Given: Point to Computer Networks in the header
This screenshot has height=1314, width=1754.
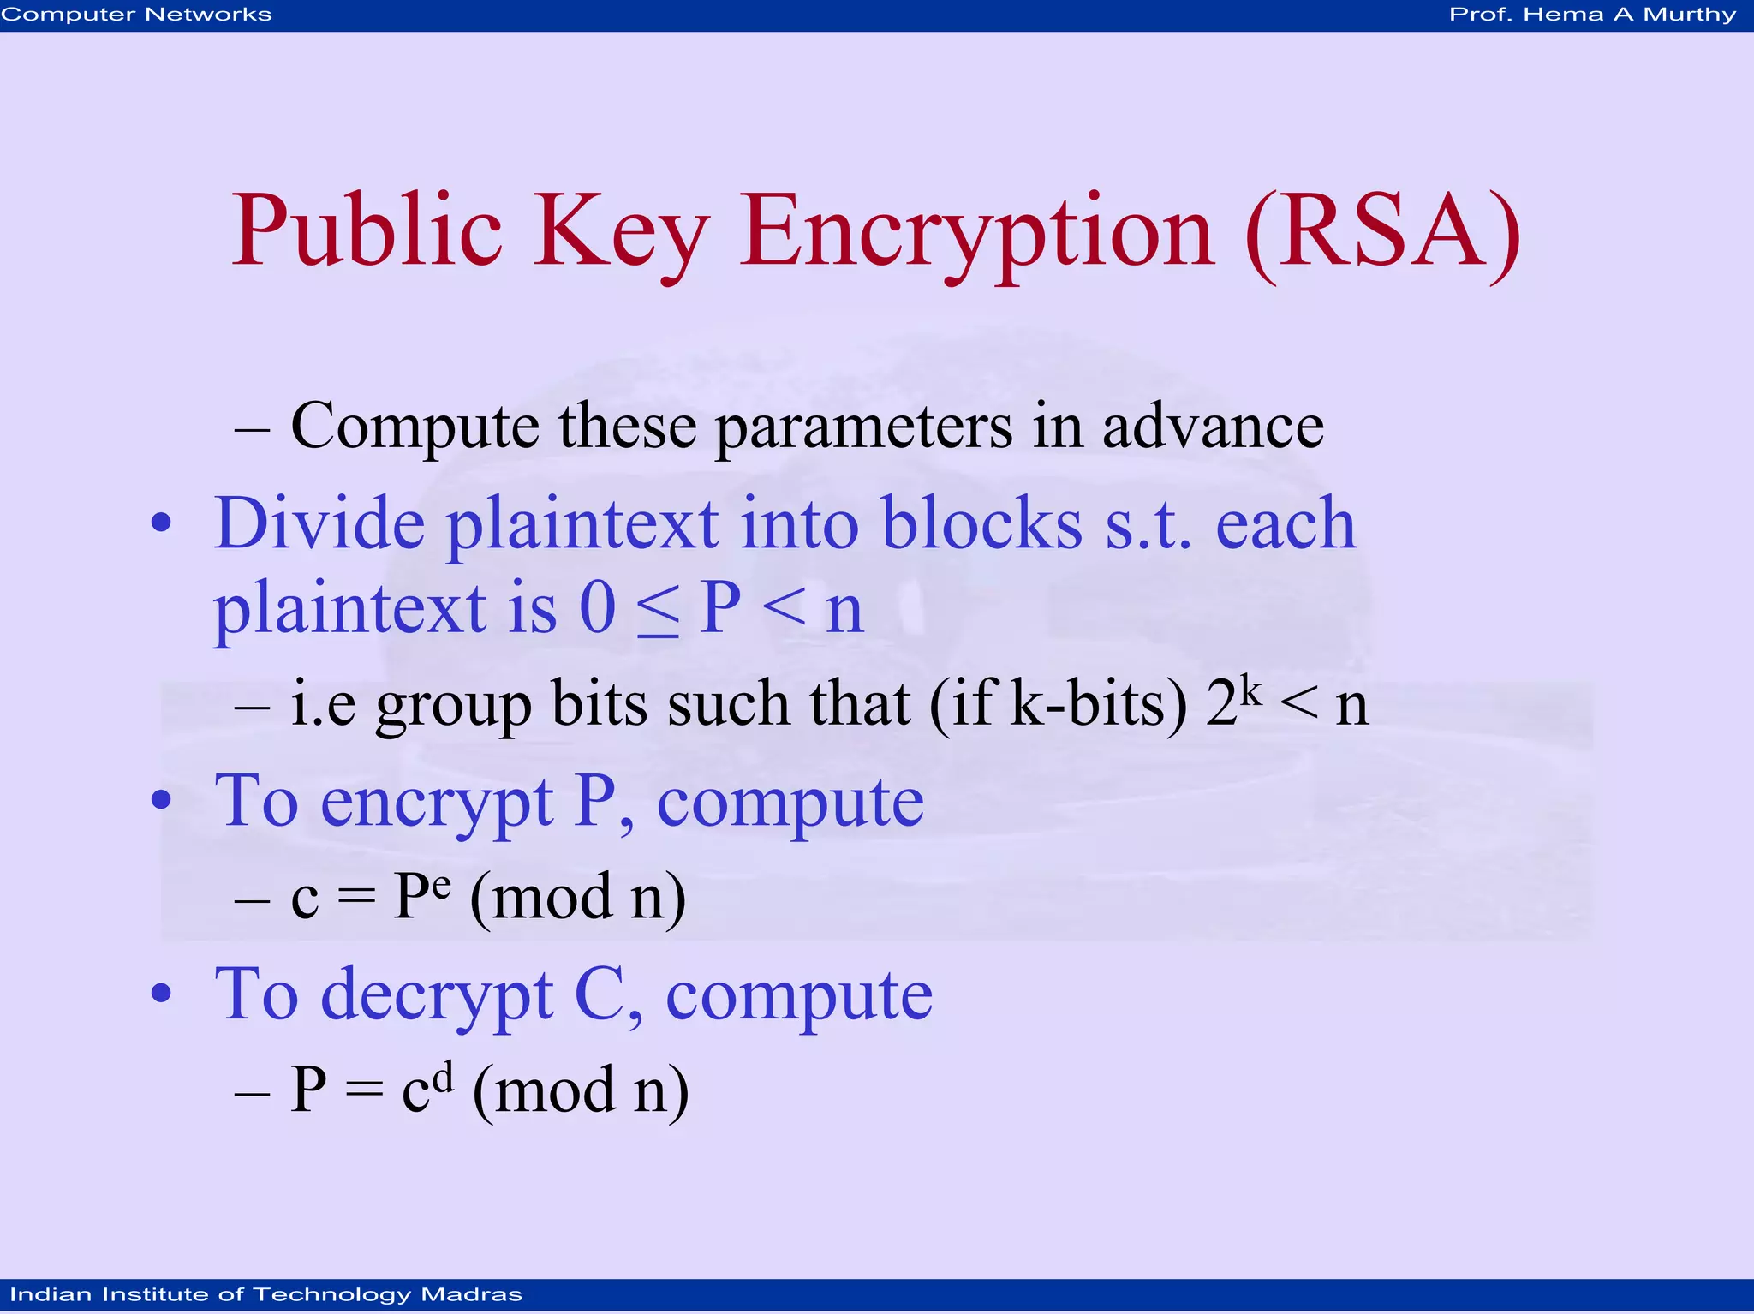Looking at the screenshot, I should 136,15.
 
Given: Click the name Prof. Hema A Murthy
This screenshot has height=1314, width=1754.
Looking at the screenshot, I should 1592,15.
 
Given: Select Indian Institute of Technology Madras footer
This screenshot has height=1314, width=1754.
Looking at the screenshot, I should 265,1294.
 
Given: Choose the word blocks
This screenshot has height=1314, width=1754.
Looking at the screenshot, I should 981,523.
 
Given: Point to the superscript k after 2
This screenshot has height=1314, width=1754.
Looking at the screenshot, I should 1251,690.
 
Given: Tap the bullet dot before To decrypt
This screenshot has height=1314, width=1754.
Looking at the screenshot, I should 161,993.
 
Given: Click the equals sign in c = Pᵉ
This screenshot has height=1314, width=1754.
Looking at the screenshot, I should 356,899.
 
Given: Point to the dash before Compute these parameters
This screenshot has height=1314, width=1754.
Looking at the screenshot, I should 252,427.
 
